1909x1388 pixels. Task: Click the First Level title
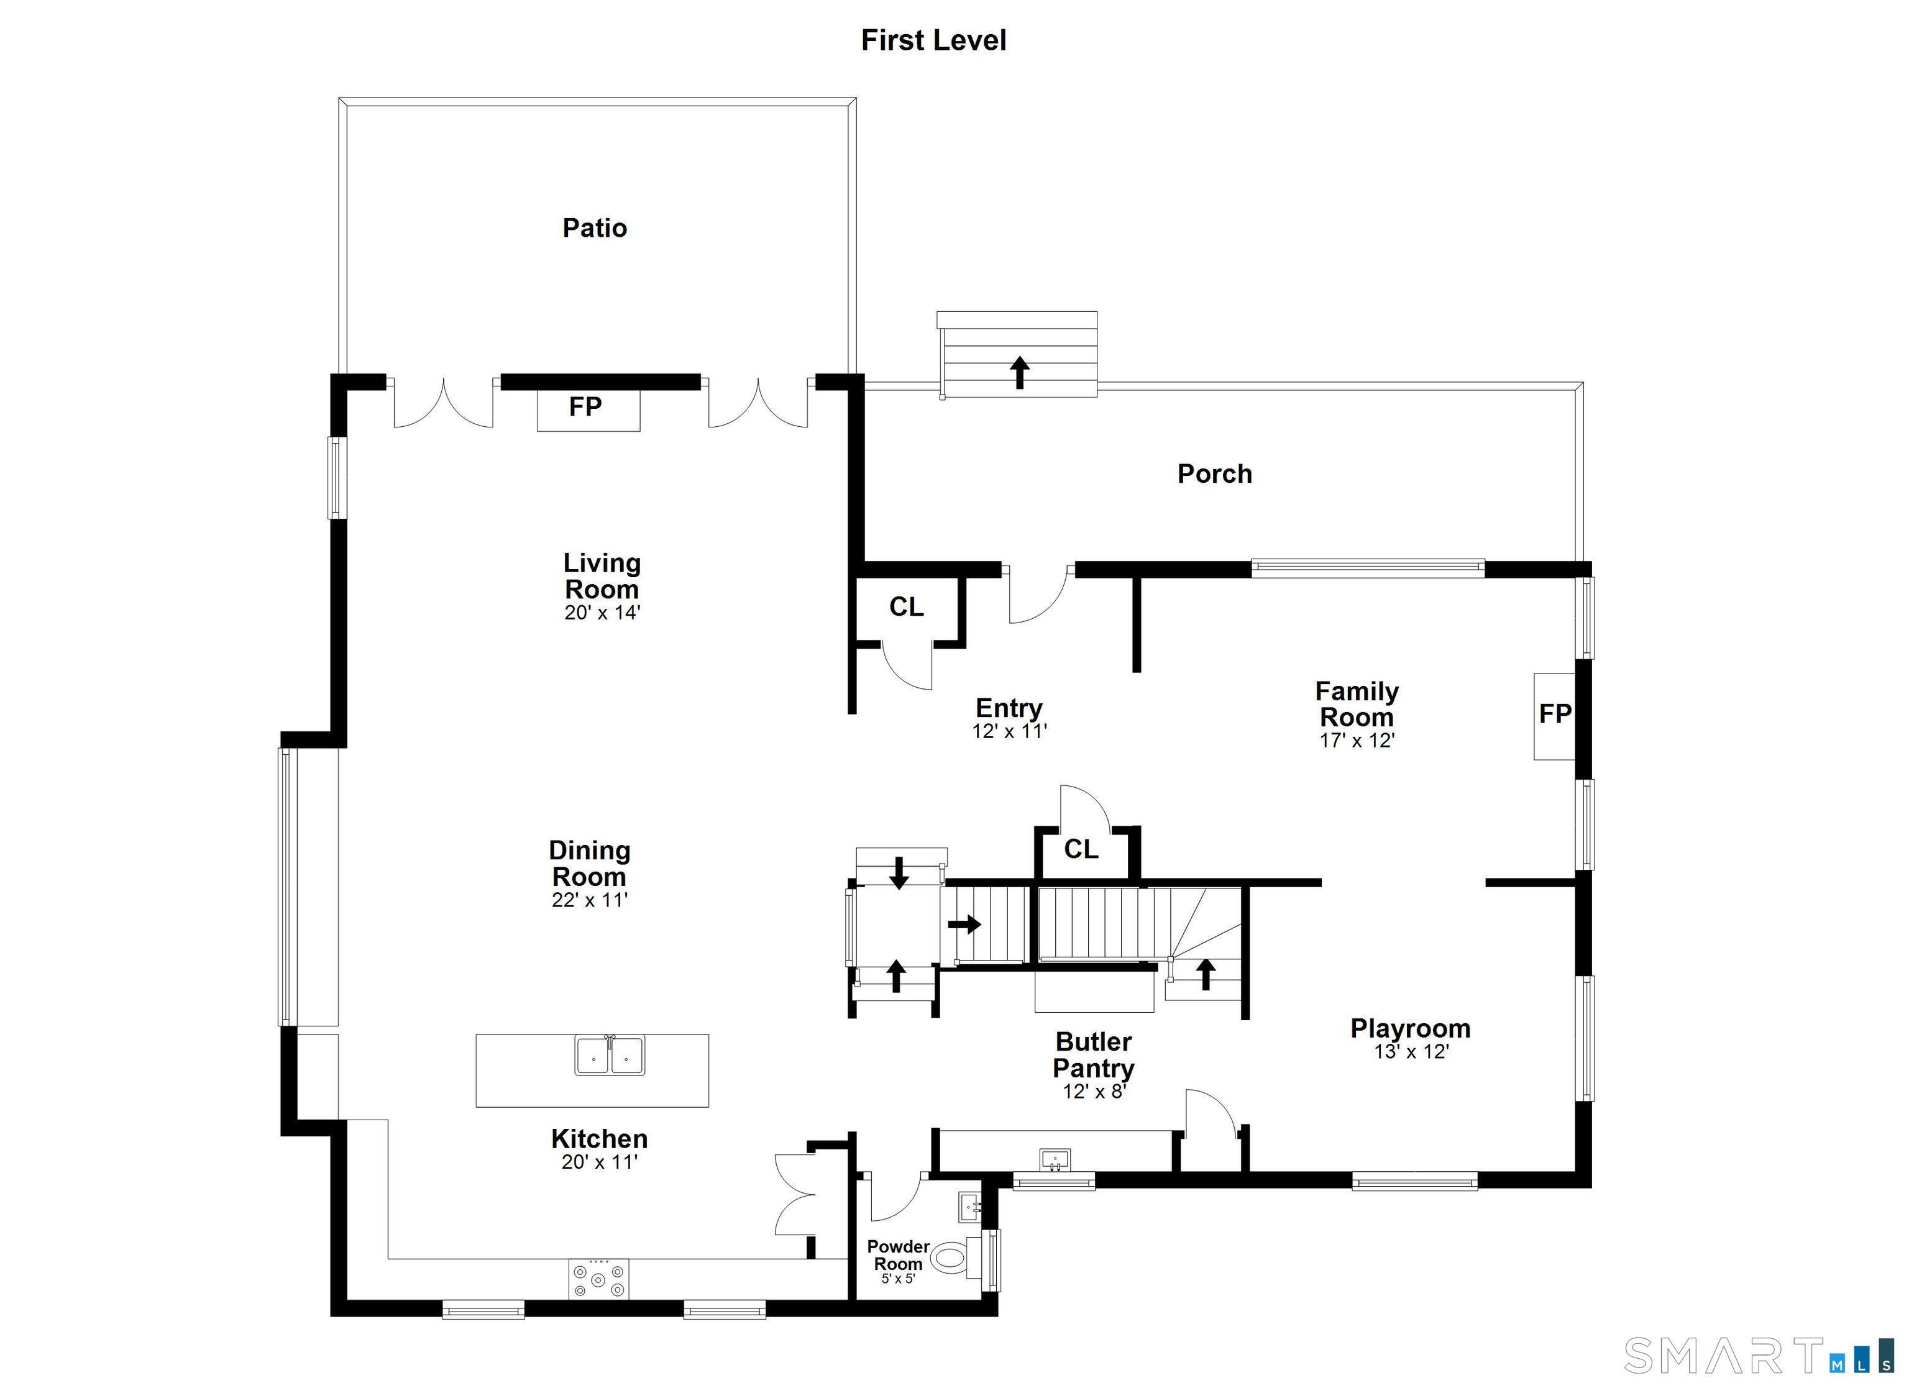[933, 40]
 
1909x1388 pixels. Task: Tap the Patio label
[594, 228]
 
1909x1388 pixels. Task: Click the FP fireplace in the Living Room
[587, 408]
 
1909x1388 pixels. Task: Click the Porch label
[1214, 474]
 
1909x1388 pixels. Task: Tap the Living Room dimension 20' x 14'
[602, 613]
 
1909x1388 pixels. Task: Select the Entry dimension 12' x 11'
[1009, 731]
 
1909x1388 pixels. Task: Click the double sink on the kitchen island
[610, 1056]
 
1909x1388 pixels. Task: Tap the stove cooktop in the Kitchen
[598, 1279]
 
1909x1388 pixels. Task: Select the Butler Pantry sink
[1054, 1160]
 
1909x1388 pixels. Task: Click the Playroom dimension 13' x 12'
[1410, 1051]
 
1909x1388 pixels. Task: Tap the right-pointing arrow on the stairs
[964, 925]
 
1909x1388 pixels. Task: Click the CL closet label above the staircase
[1081, 849]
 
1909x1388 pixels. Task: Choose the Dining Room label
[589, 864]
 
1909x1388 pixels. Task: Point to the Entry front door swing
[1037, 596]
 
